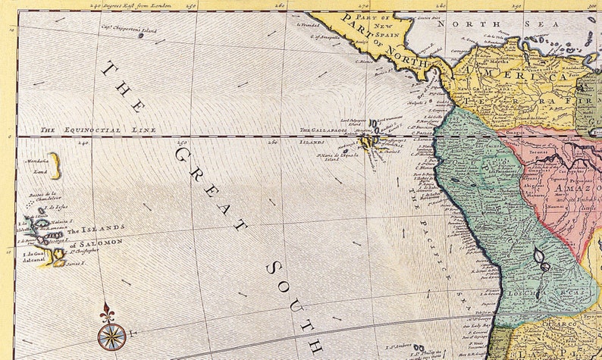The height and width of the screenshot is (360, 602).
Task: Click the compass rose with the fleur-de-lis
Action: point(111,333)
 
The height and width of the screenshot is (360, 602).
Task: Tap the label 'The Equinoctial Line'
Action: point(98,130)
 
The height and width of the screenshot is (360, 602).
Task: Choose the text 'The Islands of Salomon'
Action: point(94,236)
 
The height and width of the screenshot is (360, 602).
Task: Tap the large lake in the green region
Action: point(541,259)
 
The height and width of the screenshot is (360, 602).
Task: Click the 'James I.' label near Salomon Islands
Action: point(74,265)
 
